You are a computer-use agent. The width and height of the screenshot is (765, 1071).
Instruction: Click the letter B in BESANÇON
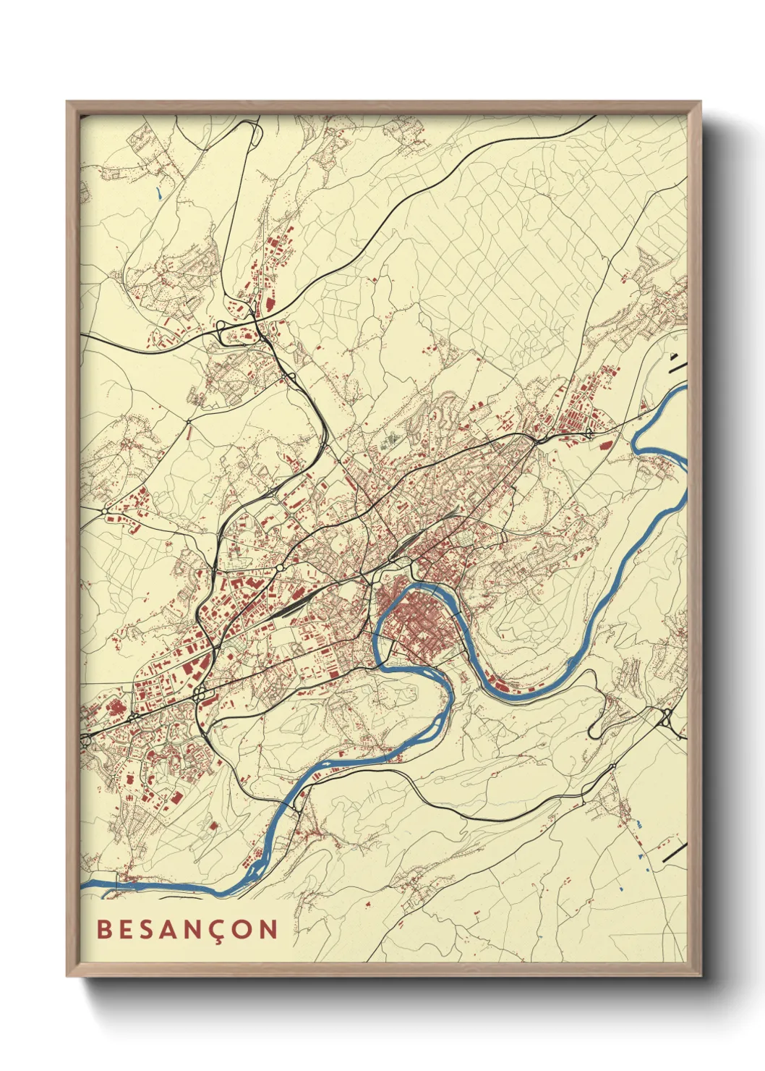click(x=103, y=929)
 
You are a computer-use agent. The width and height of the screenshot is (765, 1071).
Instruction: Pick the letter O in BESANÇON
click(x=246, y=929)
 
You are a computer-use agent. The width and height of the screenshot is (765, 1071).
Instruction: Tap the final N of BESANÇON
click(x=270, y=929)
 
